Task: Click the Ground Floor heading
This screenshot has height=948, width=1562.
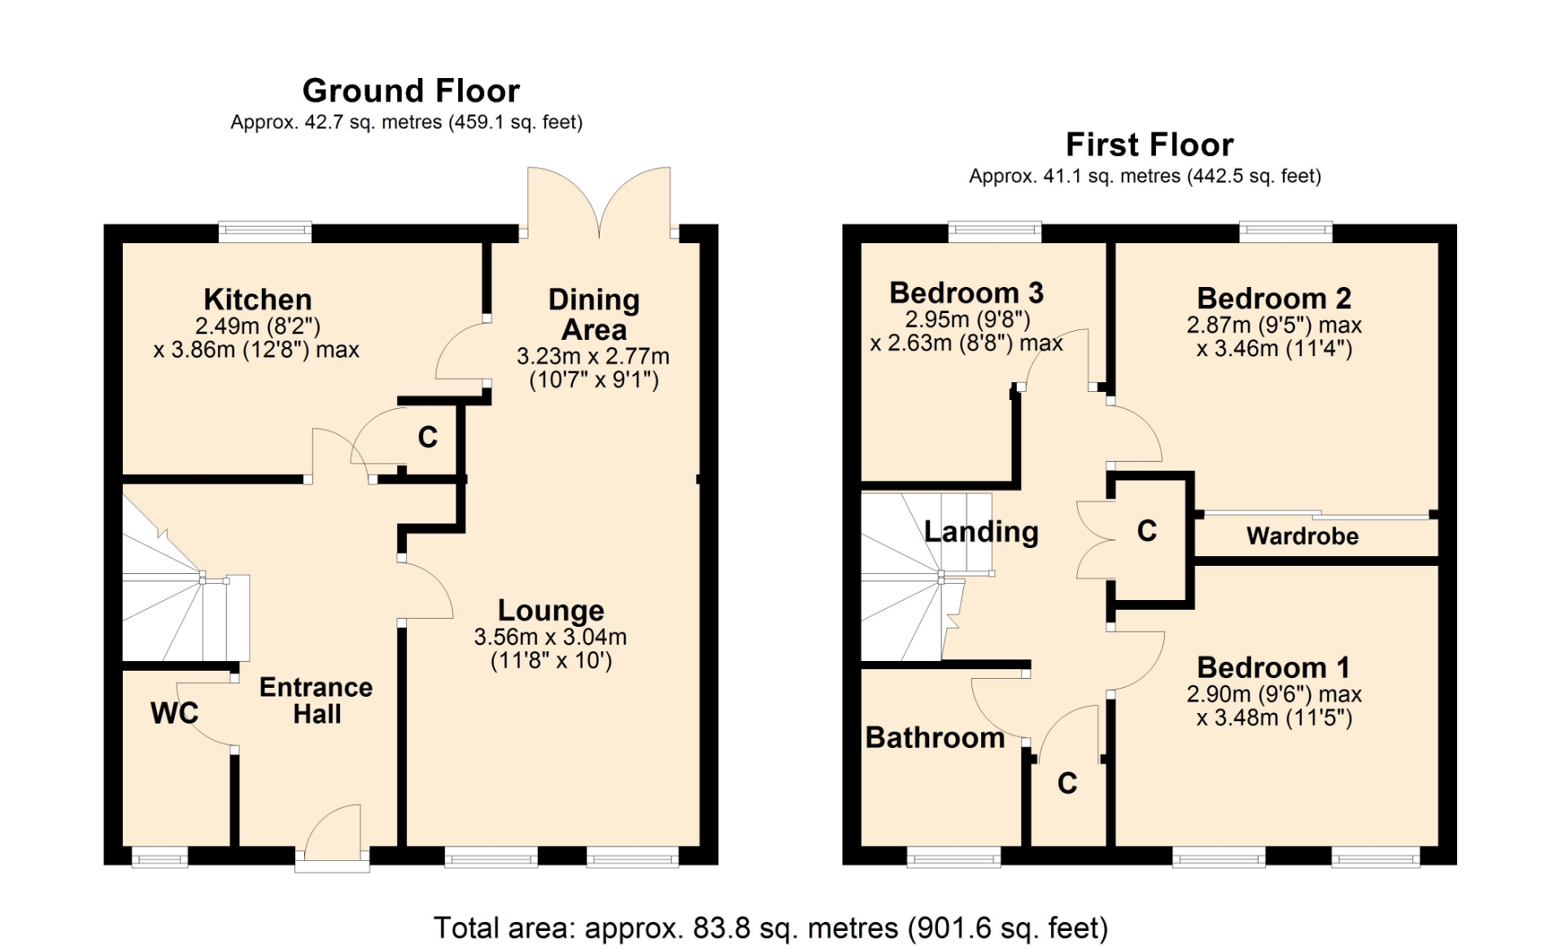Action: click(411, 91)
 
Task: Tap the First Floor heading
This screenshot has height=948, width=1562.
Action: click(1150, 145)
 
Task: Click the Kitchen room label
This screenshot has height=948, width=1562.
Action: click(258, 299)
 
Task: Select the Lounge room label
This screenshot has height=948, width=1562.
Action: click(551, 610)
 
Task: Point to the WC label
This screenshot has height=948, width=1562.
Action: click(174, 713)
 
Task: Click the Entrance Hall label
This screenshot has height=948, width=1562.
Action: click(316, 700)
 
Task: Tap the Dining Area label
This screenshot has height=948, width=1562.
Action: click(594, 314)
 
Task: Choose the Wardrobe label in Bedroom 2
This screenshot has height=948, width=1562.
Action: click(1302, 536)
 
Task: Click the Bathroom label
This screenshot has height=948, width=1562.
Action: click(935, 737)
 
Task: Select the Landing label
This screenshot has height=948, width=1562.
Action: click(981, 532)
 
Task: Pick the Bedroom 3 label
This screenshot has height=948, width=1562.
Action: click(966, 293)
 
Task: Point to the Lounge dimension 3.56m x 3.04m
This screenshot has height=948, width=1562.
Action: click(551, 637)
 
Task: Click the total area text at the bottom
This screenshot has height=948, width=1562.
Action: click(770, 928)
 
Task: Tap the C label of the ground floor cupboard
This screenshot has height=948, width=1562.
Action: click(428, 437)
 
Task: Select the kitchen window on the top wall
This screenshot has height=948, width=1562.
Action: click(265, 232)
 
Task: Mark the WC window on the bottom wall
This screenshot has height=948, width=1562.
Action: click(159, 857)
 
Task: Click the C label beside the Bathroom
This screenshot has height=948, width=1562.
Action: click(1067, 783)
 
